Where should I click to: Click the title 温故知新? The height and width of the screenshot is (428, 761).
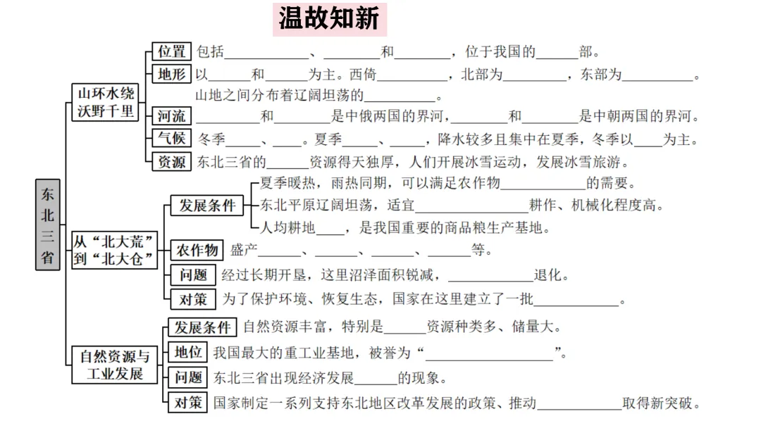(x=328, y=19)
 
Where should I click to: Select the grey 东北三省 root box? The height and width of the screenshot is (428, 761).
(x=47, y=225)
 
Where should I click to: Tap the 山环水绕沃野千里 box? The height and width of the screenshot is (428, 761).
(x=106, y=102)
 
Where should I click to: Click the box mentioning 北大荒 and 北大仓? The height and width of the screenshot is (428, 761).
(x=114, y=250)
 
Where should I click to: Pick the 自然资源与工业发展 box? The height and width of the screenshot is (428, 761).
(x=115, y=365)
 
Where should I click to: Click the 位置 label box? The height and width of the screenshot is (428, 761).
(x=172, y=51)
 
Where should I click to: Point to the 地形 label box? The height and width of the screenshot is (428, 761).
(x=172, y=74)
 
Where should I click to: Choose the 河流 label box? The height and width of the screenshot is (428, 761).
(x=172, y=116)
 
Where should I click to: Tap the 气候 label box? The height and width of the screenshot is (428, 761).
(x=172, y=139)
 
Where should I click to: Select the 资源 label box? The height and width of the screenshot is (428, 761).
(x=172, y=161)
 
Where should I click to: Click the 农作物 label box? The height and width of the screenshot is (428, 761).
(x=197, y=250)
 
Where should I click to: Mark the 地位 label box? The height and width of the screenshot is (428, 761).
(x=188, y=352)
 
